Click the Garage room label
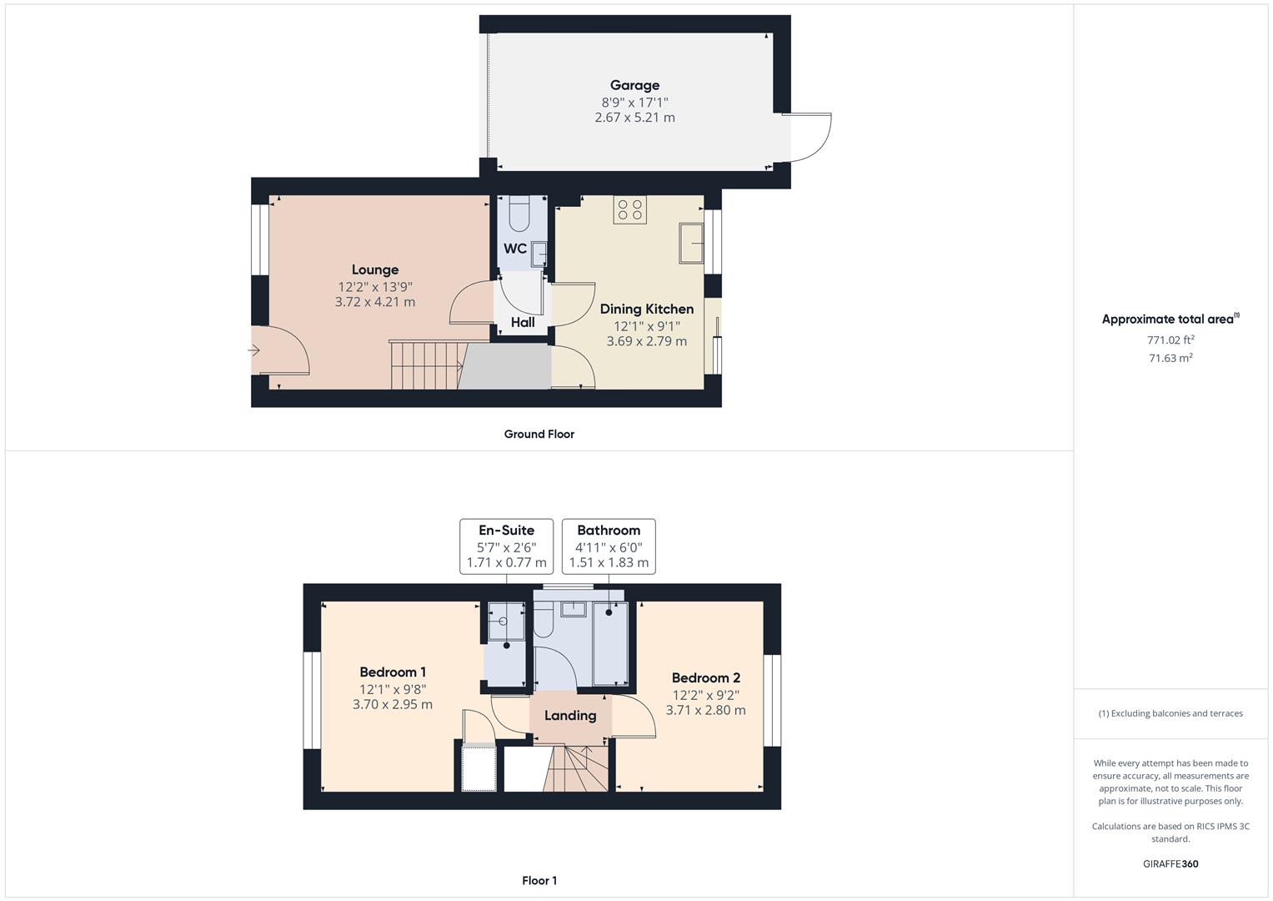634,85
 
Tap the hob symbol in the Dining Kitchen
630,209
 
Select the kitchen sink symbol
691,243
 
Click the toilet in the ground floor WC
519,214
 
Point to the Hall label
523,322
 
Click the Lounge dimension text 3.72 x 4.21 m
375,302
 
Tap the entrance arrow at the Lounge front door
254,350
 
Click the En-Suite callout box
506,546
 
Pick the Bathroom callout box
609,546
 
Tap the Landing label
570,716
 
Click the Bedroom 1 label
393,672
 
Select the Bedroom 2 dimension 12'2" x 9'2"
706,695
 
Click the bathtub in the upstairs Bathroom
609,642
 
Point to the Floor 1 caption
539,880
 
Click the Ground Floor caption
539,434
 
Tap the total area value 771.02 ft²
1170,340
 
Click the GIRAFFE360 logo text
1170,863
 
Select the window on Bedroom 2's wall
773,700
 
